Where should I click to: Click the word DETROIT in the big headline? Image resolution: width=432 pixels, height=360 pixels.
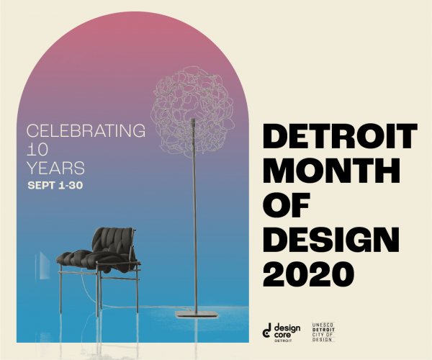pos(340,136)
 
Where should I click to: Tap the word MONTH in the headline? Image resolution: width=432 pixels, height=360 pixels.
pos(331,171)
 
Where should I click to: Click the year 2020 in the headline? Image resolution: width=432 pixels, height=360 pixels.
pos(308,274)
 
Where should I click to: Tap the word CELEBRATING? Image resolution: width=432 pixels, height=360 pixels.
pos(86,130)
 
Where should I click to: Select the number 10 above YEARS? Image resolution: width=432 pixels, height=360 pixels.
pos(37,149)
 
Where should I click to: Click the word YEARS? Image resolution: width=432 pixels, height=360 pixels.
pos(55,168)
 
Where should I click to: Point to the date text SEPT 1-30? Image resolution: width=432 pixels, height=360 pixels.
pos(55,185)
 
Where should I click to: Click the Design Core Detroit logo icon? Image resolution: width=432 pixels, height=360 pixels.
pos(266,330)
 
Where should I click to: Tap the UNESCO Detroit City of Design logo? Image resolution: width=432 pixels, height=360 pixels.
pos(323,332)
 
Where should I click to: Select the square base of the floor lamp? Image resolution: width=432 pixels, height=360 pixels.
pos(197,314)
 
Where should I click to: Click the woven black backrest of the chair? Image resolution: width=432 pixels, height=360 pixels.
pos(113,240)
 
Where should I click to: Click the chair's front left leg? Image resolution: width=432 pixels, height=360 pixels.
pos(97,293)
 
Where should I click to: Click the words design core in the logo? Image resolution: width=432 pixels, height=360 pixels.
pos(287,331)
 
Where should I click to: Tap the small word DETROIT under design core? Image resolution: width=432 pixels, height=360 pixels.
pos(283,341)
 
